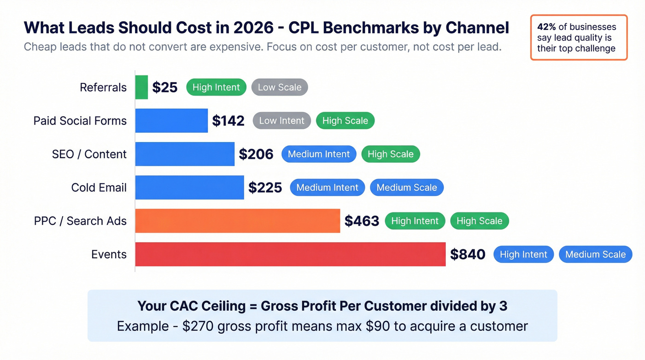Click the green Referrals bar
[141, 87]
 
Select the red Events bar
[290, 254]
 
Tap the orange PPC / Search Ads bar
[237, 221]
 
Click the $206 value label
[256, 154]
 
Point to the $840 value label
[468, 254]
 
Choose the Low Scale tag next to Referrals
[279, 87]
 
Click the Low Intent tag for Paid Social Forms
[281, 121]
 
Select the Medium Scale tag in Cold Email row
[406, 188]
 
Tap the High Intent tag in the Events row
[523, 254]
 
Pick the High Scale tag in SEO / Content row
[390, 154]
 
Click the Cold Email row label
[99, 188]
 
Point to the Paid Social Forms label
[80, 121]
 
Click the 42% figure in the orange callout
[546, 27]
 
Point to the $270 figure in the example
[198, 326]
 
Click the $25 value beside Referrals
[164, 87]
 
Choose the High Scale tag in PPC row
[479, 221]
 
